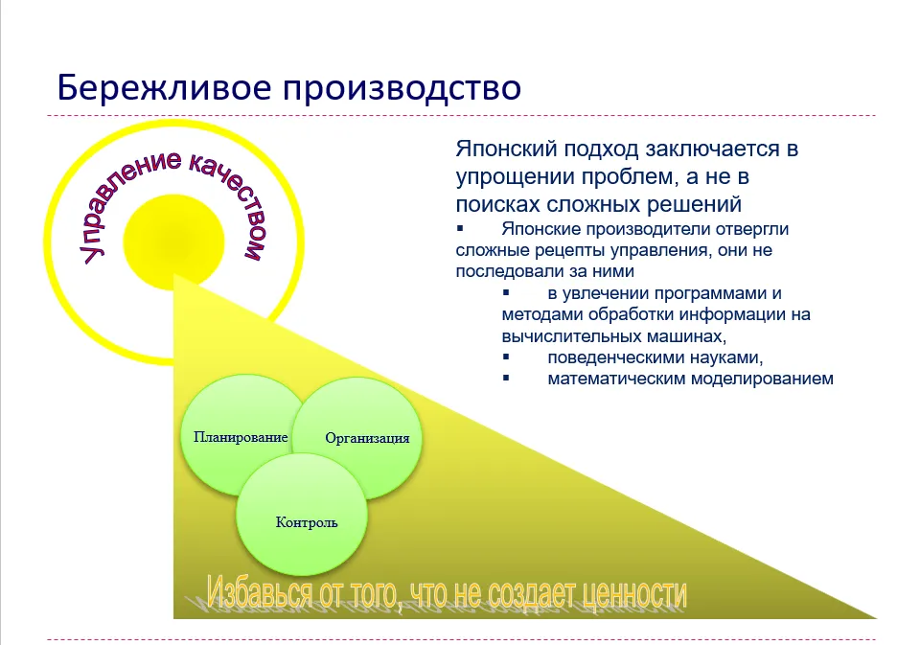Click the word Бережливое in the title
tap(164, 88)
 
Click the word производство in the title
tap(402, 88)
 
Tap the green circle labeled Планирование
tap(241, 435)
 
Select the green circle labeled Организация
tap(357, 438)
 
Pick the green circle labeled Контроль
tap(302, 514)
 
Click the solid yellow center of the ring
tap(173, 242)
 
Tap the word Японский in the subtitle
tap(506, 150)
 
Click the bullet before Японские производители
tap(460, 228)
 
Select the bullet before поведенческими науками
tap(506, 357)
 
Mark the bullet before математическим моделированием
tap(506, 378)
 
